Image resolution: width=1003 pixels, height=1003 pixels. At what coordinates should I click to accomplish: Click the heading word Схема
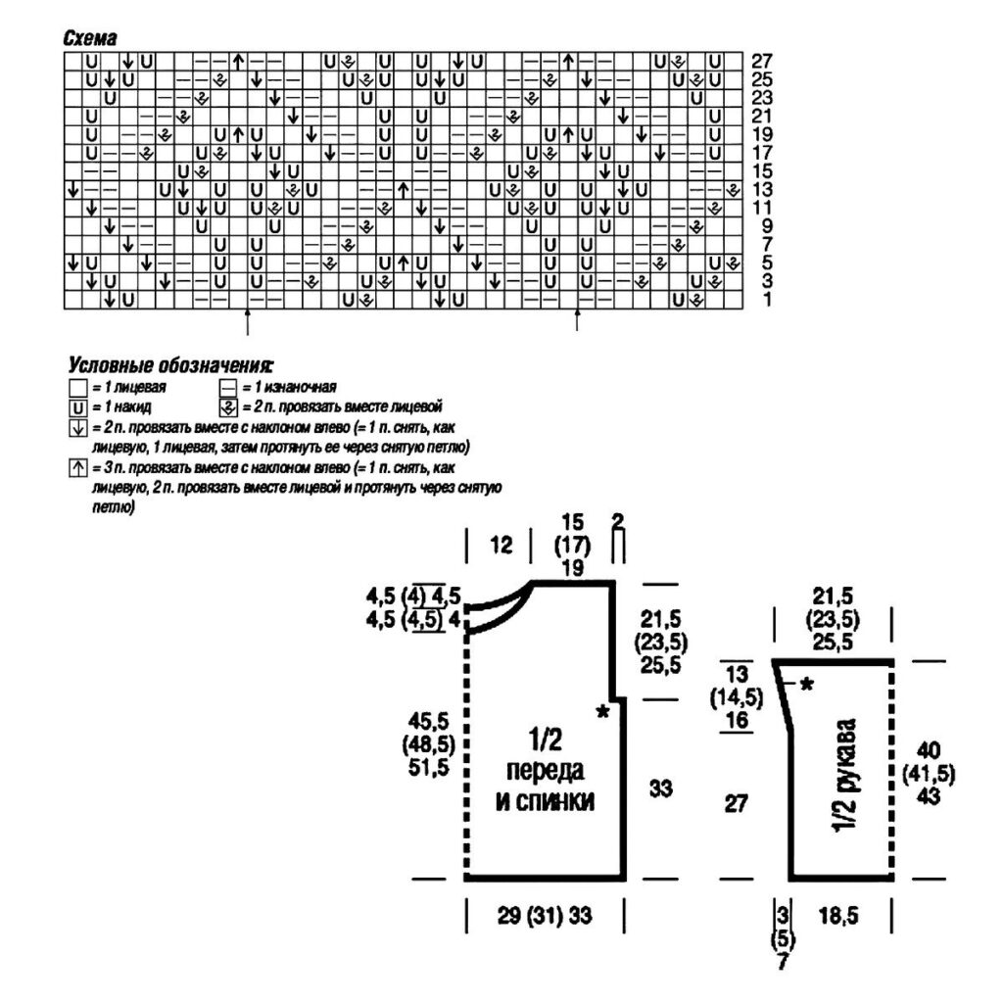89,38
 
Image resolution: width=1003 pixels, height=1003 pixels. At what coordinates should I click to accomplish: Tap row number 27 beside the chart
760,61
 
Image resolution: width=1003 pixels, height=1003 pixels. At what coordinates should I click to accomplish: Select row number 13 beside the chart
760,189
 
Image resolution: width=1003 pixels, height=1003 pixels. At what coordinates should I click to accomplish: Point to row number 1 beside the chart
766,299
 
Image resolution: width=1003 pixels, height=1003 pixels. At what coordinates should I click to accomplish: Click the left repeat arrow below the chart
247,319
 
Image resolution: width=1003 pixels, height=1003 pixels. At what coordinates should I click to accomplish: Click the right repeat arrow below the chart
577,319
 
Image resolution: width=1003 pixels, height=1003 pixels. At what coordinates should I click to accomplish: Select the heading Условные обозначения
167,366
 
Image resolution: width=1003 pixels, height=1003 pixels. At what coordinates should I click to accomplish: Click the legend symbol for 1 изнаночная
227,387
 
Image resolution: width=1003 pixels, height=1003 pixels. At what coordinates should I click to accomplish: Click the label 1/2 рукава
845,779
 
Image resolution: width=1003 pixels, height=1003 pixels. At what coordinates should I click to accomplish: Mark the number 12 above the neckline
501,546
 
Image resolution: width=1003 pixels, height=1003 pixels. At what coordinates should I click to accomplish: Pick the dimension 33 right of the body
661,788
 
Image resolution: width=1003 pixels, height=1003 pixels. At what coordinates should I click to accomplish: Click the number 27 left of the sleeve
738,803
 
